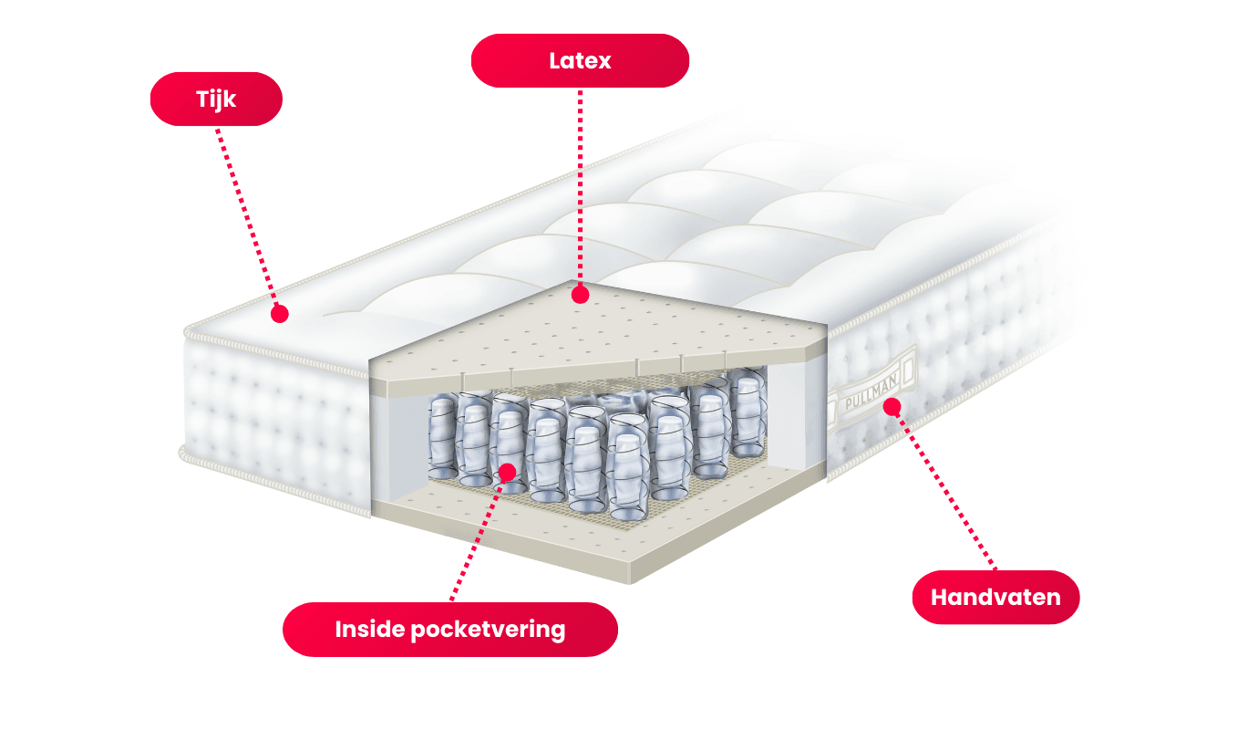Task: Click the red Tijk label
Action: coord(216,99)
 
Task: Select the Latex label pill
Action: coord(580,61)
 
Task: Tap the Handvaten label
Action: coord(995,598)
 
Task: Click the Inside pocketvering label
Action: coord(449,630)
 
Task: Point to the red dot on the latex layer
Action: coord(579,295)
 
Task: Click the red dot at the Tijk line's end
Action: coord(280,314)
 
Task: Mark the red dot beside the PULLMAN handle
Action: coord(892,405)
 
